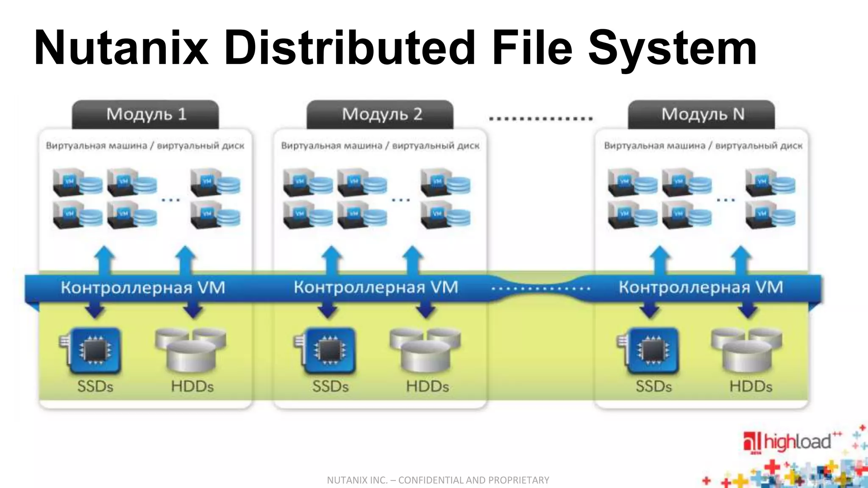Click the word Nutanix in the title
[x=121, y=47]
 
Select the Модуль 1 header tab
[x=146, y=114]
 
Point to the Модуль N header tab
[x=702, y=114]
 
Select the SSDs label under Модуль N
[x=653, y=386]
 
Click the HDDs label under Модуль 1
[x=192, y=386]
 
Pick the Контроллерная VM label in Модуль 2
[x=376, y=288]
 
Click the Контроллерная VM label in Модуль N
[x=701, y=288]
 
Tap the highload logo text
[x=797, y=442]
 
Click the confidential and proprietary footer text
[x=438, y=480]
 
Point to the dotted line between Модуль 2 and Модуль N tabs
[x=540, y=119]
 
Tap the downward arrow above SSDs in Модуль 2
[x=327, y=310]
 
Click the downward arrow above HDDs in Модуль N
[x=748, y=310]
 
